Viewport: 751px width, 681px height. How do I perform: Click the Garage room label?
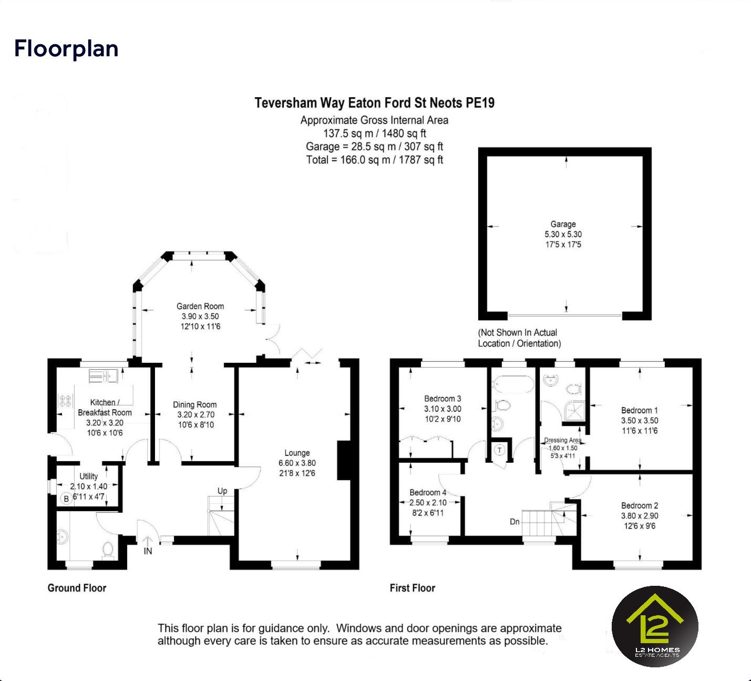click(563, 224)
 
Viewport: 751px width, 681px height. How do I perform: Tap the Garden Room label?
click(200, 306)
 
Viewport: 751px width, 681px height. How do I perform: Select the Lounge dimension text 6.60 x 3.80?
click(297, 463)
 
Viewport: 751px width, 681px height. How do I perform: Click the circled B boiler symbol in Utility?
click(66, 499)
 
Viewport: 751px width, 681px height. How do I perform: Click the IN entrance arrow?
click(148, 541)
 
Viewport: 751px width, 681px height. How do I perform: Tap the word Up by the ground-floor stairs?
click(222, 491)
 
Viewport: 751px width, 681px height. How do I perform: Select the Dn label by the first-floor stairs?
click(515, 522)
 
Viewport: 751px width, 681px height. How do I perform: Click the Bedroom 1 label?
click(639, 410)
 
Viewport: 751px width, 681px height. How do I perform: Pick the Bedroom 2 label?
click(639, 505)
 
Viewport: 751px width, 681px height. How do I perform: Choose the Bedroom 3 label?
click(443, 399)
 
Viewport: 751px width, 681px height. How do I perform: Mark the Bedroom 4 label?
click(428, 492)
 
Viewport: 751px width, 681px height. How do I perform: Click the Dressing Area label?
click(562, 440)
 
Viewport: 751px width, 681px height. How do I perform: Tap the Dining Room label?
click(194, 404)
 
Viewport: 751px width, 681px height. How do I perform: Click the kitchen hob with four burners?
click(65, 401)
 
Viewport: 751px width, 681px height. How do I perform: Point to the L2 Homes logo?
click(655, 626)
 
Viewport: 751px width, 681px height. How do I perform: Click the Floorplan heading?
click(66, 48)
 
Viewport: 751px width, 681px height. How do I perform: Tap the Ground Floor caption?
click(77, 588)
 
